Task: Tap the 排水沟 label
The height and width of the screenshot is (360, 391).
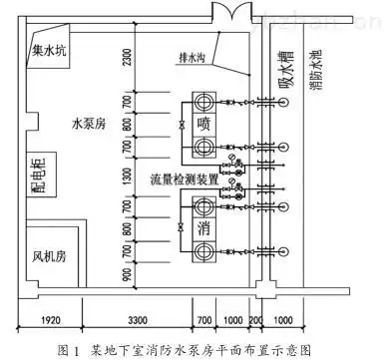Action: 192,57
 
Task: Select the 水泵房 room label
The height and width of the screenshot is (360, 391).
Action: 91,126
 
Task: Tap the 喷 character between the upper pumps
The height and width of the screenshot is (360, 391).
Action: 203,125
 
